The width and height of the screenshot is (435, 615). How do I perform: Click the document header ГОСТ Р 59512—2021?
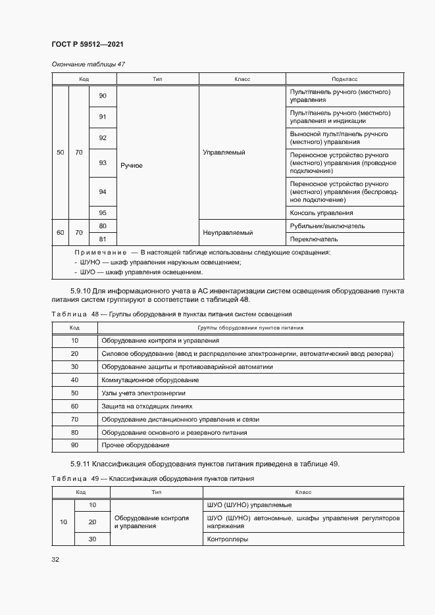[x=88, y=44]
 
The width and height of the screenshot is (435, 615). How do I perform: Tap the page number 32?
[x=55, y=560]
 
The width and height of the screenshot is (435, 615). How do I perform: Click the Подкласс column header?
[x=345, y=79]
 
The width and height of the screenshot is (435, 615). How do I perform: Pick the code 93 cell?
[x=103, y=162]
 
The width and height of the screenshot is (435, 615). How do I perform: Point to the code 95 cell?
[x=103, y=212]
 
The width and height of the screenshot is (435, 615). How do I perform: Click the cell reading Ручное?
[x=131, y=166]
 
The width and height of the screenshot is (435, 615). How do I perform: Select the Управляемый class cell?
[x=225, y=153]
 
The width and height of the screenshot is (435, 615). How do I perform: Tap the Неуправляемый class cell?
[x=228, y=232]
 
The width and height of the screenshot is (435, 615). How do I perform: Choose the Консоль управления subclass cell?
[x=321, y=213]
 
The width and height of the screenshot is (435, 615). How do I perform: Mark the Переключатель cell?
[x=314, y=239]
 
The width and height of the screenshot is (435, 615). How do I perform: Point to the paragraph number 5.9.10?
[x=82, y=291]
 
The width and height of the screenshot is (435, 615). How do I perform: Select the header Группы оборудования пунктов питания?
[x=250, y=327]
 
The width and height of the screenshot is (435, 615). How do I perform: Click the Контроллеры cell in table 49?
[x=227, y=539]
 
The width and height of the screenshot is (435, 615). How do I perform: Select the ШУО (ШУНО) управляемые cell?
[x=249, y=505]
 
